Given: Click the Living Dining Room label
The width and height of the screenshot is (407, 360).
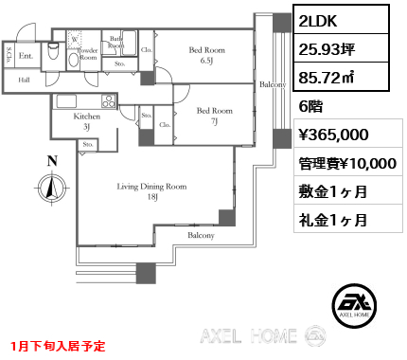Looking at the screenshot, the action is (x=151, y=187).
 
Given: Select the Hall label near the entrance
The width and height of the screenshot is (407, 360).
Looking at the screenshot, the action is (x=23, y=81).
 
